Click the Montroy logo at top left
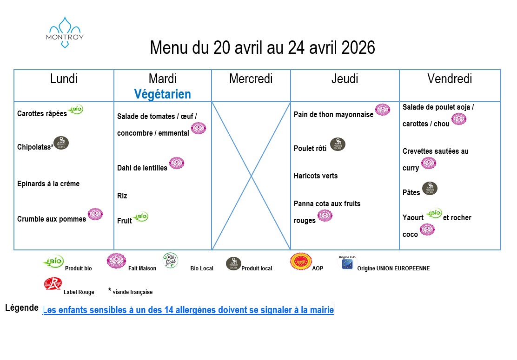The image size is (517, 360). click(x=65, y=32)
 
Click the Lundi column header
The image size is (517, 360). click(x=64, y=79)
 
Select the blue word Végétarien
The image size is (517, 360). click(x=162, y=94)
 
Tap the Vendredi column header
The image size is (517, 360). click(x=450, y=79)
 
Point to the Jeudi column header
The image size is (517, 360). click(x=345, y=79)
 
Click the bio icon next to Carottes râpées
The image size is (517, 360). click(x=76, y=110)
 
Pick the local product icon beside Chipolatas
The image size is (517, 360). click(x=61, y=143)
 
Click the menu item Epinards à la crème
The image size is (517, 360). click(x=48, y=184)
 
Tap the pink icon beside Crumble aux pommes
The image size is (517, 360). click(x=95, y=214)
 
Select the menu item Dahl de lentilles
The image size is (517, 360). click(x=142, y=168)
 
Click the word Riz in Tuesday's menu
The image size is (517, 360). click(x=122, y=196)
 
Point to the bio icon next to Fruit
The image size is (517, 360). click(x=140, y=216)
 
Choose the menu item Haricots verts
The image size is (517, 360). click(x=316, y=176)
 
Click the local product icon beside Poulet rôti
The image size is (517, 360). click(x=338, y=144)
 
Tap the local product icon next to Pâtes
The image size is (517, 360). click(x=430, y=189)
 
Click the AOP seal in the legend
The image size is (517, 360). click(x=301, y=261)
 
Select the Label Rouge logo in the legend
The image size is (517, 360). click(x=53, y=284)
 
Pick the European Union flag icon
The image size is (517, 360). click(x=347, y=263)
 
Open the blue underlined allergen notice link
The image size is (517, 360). click(x=188, y=310)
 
